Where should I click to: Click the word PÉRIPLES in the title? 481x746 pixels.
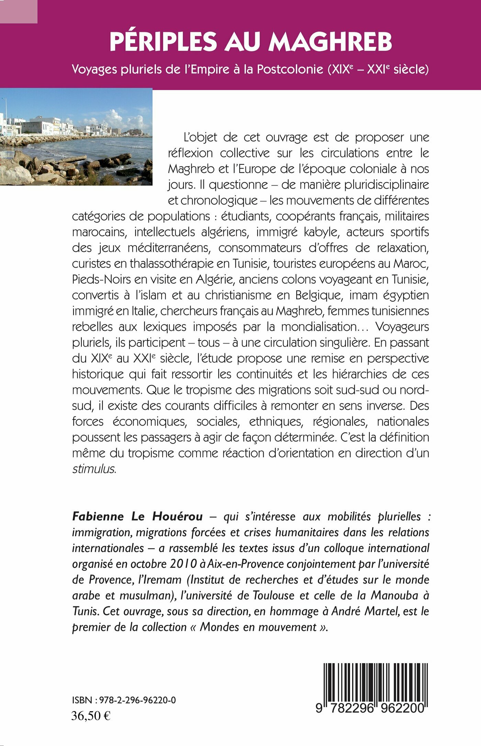163,42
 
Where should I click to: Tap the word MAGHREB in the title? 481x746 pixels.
330,42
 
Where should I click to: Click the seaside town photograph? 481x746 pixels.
76,137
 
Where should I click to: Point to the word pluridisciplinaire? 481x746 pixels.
369,184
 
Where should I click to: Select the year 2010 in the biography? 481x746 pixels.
183,564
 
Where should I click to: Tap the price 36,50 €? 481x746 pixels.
91,716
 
